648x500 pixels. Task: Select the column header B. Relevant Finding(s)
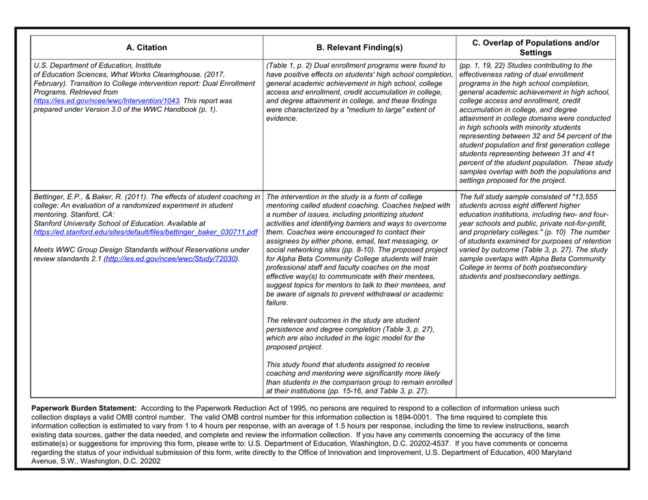click(357, 48)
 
